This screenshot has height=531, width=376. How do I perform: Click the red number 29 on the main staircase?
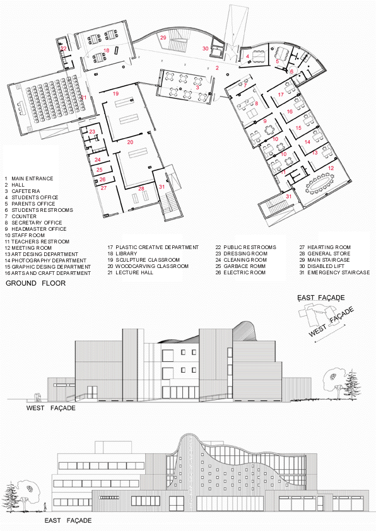click(x=163, y=38)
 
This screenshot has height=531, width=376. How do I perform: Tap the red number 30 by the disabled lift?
click(x=206, y=48)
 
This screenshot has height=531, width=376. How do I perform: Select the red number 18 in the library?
click(x=107, y=50)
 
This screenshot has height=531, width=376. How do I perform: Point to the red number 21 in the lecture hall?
click(x=83, y=97)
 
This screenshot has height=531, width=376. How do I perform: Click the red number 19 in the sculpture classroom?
click(x=116, y=93)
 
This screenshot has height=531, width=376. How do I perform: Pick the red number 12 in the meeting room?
click(x=331, y=168)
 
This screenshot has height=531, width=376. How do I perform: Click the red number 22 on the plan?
click(x=63, y=48)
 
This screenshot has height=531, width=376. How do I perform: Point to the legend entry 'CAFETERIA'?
click(x=25, y=191)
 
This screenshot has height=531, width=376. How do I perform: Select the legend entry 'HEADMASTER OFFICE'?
click(x=37, y=229)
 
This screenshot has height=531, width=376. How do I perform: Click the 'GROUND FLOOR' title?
click(x=36, y=284)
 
